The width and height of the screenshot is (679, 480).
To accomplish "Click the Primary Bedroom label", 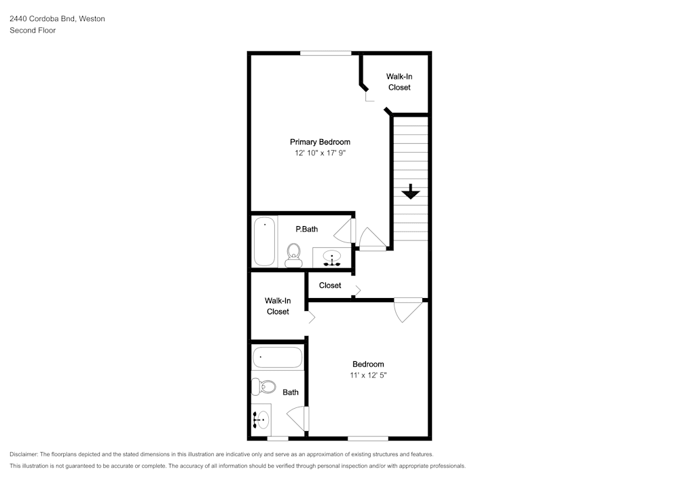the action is (x=320, y=142).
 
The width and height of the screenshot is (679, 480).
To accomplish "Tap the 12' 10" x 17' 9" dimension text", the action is (x=320, y=153).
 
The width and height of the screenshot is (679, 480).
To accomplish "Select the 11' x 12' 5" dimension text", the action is (x=368, y=375).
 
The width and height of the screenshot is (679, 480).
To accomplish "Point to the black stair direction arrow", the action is (x=411, y=191).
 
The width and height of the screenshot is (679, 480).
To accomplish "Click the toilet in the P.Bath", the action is (x=293, y=255).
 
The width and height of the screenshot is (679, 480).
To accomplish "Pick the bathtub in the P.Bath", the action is (x=264, y=241).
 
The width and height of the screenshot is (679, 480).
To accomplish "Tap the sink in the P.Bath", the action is (x=332, y=258).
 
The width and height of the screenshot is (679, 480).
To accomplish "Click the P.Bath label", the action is (x=307, y=229).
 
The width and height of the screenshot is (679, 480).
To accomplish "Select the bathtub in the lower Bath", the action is (x=278, y=358).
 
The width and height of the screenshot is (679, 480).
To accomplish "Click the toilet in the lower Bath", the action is (x=263, y=386).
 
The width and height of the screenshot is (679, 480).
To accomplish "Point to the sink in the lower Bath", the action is (x=261, y=420).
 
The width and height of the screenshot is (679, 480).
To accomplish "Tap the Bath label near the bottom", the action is (x=291, y=392).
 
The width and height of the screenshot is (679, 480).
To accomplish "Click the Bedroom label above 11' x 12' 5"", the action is (x=368, y=365).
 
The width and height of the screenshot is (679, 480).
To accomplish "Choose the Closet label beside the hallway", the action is (x=330, y=285).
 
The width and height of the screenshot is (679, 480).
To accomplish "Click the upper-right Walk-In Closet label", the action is (x=399, y=81).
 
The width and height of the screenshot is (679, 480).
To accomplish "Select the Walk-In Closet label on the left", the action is (x=278, y=306).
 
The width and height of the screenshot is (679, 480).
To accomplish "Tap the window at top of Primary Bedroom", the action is (x=326, y=53).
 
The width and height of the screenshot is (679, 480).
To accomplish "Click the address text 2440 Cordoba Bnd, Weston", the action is (x=57, y=18).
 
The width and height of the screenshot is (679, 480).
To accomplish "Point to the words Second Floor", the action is (x=33, y=31).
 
